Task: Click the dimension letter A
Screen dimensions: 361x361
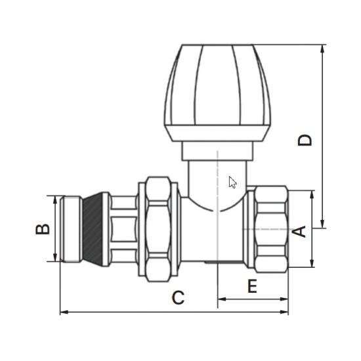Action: pos(299,232)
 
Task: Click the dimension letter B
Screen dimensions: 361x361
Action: pos(43,229)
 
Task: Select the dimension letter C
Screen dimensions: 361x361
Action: pos(178,297)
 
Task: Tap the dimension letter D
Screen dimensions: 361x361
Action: pos(305,140)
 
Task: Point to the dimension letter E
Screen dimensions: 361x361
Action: pos(252,286)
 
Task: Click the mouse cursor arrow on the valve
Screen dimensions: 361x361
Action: pos(232,182)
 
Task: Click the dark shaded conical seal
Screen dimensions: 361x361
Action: pos(93,229)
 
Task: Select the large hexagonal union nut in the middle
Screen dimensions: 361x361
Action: pos(158,229)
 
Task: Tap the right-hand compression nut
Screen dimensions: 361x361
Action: pos(271,229)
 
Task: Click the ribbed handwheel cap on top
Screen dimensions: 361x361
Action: pos(217,93)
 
